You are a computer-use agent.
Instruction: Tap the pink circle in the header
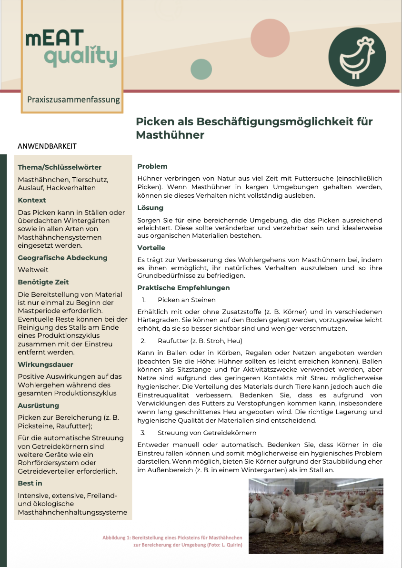click(x=270, y=38)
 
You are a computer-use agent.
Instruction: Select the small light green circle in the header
click(x=201, y=70)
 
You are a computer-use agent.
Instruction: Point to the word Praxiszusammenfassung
click(x=73, y=100)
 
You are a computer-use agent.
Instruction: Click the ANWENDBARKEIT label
click(x=47, y=146)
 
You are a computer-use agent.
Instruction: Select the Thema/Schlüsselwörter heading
click(x=60, y=167)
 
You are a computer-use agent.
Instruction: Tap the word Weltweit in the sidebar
click(x=32, y=270)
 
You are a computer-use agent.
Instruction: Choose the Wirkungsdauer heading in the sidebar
click(x=45, y=365)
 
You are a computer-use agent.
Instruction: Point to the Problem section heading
click(x=152, y=166)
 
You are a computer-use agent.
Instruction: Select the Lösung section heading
click(x=150, y=208)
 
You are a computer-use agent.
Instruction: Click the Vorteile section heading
click(x=151, y=248)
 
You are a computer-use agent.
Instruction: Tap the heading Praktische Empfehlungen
click(x=183, y=288)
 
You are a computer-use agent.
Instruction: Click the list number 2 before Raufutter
click(x=143, y=341)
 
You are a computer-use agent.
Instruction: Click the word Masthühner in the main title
click(x=170, y=135)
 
